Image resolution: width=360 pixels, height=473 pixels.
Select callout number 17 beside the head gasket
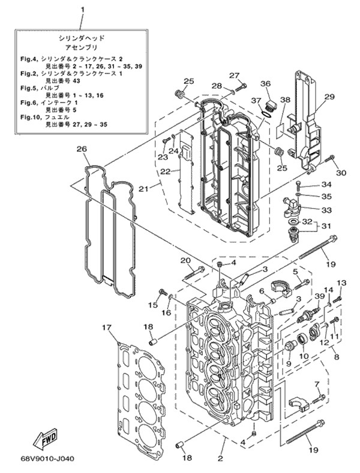106,327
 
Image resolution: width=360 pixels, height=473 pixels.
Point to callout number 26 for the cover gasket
82,149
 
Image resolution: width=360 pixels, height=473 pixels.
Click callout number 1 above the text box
82,10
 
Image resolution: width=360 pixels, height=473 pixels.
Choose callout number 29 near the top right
329,97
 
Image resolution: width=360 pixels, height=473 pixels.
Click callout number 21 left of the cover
143,189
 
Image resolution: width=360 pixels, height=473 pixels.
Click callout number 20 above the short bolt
185,260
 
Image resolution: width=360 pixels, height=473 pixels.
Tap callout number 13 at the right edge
341,283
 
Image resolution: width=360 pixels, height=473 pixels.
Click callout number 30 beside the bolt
341,173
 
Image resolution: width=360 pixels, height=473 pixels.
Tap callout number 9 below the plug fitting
288,363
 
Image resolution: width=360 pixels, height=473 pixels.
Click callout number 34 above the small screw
326,184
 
